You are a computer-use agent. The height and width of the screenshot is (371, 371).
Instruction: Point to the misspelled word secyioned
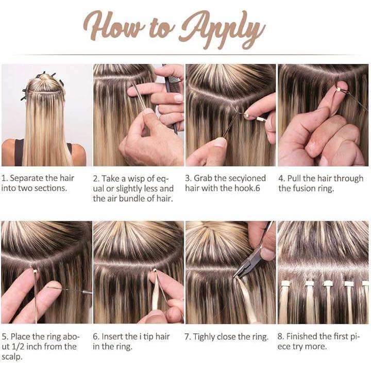tap(246, 178)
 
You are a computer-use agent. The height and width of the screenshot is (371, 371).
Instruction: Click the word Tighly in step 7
tap(204, 336)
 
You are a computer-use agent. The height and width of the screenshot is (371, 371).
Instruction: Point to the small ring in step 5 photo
tap(35, 271)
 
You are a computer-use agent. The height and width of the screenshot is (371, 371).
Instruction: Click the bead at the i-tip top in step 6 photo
tap(155, 271)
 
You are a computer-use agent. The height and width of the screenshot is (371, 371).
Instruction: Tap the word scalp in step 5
tap(11, 357)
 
